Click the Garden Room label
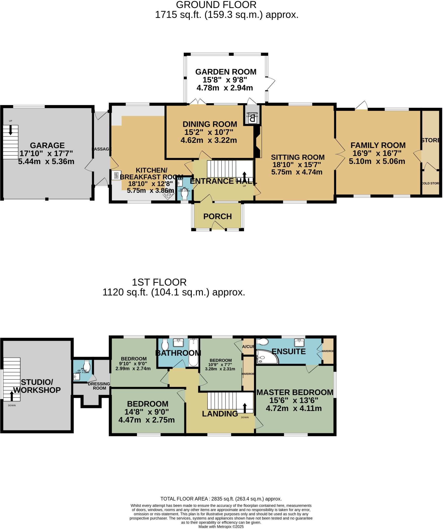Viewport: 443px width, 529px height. pos(226,72)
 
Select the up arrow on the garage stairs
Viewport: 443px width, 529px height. pos(11,130)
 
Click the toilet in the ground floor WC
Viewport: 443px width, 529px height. pos(185,196)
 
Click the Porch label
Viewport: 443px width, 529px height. pos(217,216)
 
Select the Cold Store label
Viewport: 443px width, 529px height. pos(430,183)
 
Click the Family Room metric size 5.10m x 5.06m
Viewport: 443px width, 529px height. pos(377,161)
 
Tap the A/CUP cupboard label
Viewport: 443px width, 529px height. pos(248,347)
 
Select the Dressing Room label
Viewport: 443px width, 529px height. pos(99,386)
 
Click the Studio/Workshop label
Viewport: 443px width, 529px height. pos(37,386)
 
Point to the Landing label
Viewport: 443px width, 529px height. pos(220,414)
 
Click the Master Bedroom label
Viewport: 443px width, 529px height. pos(295,392)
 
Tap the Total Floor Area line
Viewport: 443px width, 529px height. pos(221,499)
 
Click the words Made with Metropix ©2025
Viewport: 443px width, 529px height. pos(221,527)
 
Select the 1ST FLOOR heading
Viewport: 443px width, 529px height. pos(159,282)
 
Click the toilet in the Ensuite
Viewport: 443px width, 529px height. pos(263,342)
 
